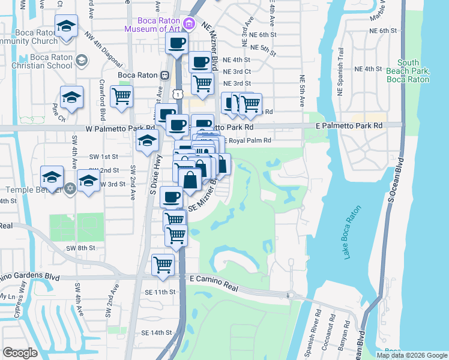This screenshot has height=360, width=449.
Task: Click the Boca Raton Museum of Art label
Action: (152, 23)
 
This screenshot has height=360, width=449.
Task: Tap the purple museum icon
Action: (189, 23)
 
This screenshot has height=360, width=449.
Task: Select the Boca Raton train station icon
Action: (163, 75)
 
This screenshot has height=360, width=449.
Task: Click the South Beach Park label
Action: (408, 70)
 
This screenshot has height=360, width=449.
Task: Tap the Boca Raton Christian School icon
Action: (82, 61)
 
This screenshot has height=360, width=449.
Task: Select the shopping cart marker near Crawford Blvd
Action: (122, 97)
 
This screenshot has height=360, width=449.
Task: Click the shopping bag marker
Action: (190, 179)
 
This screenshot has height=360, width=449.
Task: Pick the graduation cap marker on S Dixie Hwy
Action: (146, 142)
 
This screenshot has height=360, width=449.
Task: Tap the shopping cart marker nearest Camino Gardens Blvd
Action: (163, 265)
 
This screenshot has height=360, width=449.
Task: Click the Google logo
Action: (20, 353)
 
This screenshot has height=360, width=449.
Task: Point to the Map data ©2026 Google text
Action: (412, 355)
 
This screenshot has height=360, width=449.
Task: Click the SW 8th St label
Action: (81, 248)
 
